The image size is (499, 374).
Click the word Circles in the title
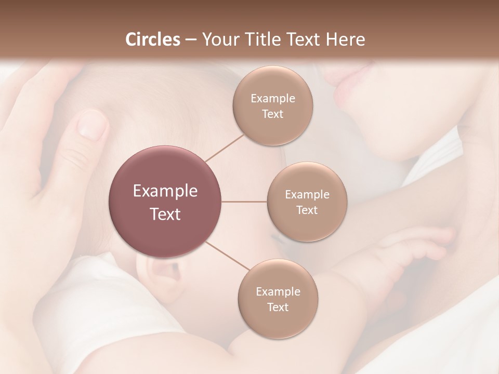(x=152, y=39)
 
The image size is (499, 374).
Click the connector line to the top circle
(x=224, y=148)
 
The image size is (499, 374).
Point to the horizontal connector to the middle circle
(x=244, y=202)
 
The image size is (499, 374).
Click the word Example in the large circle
(x=165, y=191)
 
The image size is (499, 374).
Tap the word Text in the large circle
(x=165, y=214)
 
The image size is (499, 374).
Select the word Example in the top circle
(x=273, y=99)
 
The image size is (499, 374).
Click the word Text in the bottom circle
(x=278, y=308)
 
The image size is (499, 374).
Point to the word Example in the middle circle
(x=307, y=195)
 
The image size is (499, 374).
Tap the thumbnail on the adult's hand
(x=93, y=125)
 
